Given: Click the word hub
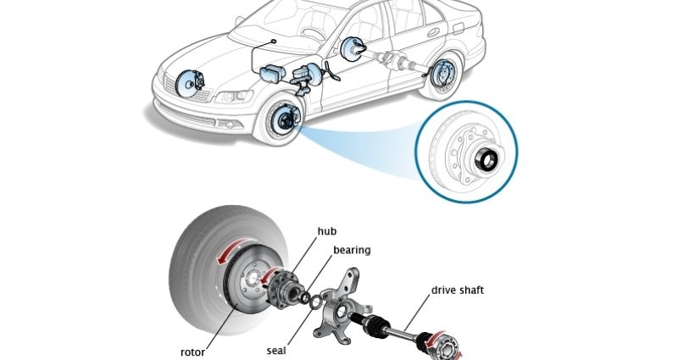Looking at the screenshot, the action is pos(327,231).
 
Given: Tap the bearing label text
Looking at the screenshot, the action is pos(352,250).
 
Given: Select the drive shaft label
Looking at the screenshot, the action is pos(458,290).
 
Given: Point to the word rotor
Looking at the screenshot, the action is pos(192,352).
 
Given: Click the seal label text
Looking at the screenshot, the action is pos(276,350).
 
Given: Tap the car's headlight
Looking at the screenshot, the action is pos(234,96).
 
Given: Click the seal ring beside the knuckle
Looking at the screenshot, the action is pos(315,302).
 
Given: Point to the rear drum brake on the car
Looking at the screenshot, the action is pos(441,74).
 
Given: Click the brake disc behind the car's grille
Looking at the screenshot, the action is pos(187,83).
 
